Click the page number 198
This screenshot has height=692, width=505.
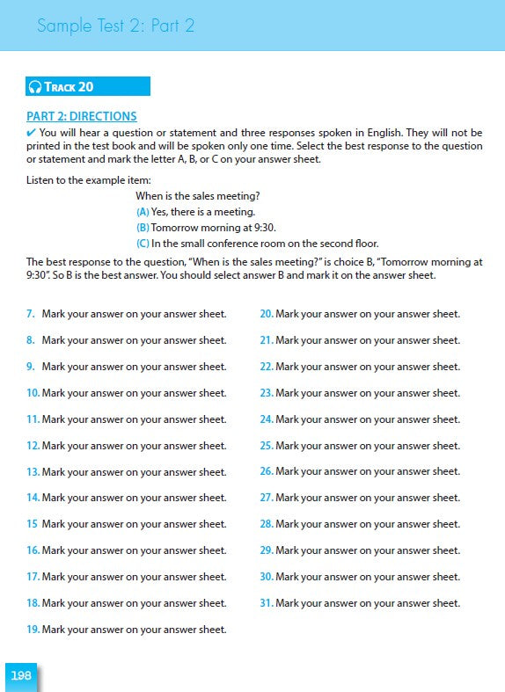coord(20,675)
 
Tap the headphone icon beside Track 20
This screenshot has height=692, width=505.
coord(35,86)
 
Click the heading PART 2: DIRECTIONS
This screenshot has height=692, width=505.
coord(82,116)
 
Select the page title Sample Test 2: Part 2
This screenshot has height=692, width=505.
coord(115,26)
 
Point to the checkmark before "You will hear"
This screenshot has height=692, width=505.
coord(32,133)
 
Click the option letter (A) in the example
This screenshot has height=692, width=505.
coord(143,212)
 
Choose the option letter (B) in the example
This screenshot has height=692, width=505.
coord(143,228)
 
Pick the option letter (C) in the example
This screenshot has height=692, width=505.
coord(143,244)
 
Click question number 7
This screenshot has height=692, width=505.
coord(31,314)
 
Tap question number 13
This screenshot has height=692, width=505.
coord(33,472)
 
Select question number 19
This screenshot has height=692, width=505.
coord(33,630)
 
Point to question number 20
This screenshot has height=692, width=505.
coord(267,314)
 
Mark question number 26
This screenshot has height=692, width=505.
coord(267,472)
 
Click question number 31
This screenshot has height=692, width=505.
coord(267,603)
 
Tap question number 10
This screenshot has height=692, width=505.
coord(33,393)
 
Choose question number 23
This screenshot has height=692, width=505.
coord(267,393)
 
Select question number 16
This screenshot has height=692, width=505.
coord(33,550)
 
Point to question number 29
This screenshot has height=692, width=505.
coord(267,550)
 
